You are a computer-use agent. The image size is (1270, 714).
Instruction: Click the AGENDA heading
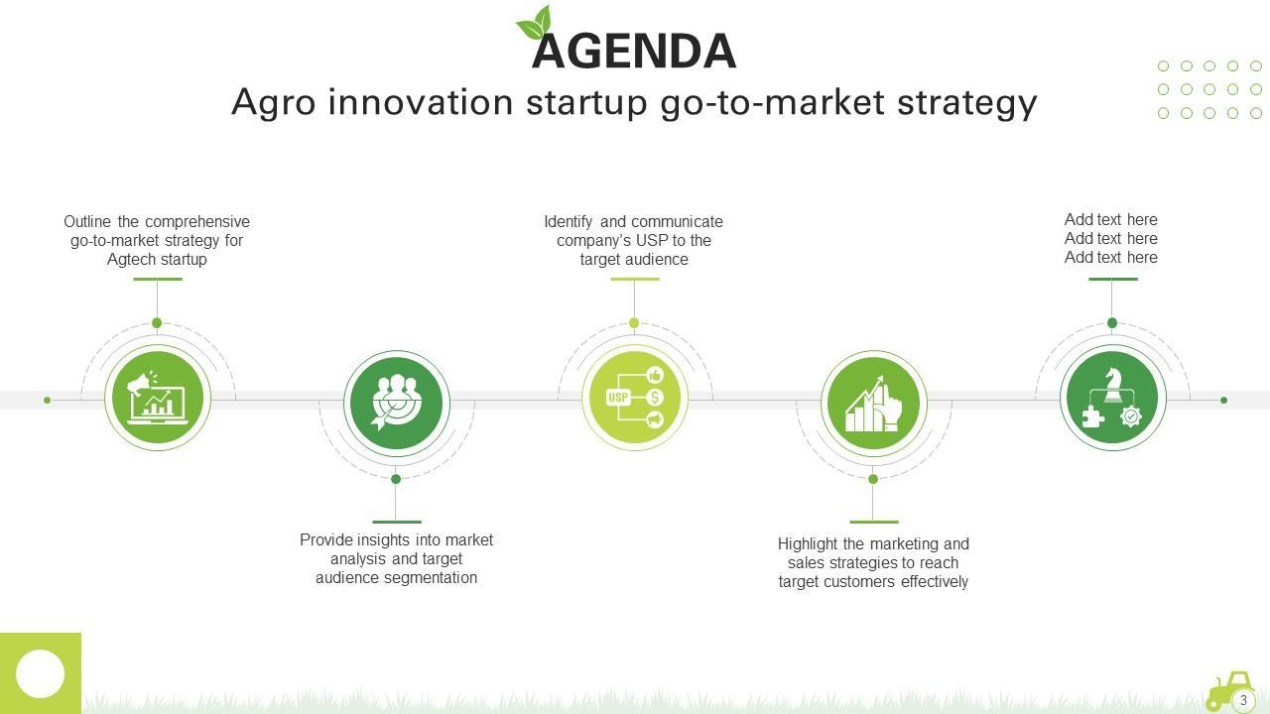click(x=634, y=51)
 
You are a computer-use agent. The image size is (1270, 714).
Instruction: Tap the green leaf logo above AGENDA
click(x=534, y=23)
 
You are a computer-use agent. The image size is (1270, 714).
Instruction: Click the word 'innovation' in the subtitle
click(x=421, y=102)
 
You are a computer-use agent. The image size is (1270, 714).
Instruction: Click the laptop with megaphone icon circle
click(x=158, y=398)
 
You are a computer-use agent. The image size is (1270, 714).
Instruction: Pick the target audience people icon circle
click(x=397, y=404)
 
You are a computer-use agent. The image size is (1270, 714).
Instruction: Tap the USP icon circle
click(x=635, y=398)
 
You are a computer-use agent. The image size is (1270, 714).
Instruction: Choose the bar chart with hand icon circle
click(x=874, y=404)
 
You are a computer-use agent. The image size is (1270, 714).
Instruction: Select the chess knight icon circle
click(x=1112, y=398)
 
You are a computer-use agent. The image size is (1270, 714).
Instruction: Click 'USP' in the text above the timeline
click(x=651, y=241)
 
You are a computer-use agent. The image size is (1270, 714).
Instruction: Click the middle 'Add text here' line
click(x=1110, y=239)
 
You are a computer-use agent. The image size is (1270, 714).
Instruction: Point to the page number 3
click(x=1243, y=700)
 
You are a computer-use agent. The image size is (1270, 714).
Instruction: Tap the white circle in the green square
click(x=41, y=674)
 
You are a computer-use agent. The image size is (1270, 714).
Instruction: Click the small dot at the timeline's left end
click(x=47, y=401)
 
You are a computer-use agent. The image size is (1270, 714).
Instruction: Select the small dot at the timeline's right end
click(x=1224, y=401)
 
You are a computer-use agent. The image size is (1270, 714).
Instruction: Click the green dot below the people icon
click(x=396, y=479)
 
